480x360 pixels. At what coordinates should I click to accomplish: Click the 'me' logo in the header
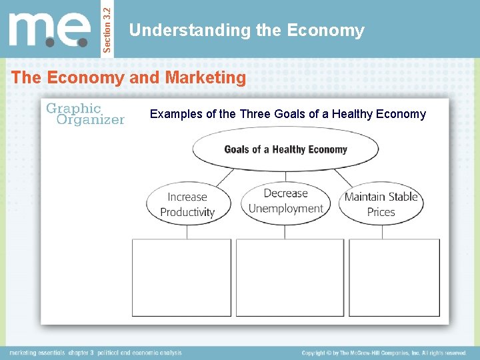pos(49,30)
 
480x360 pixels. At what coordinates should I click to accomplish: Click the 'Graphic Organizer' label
pos(85,114)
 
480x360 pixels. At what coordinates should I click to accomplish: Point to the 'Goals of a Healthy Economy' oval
pos(285,149)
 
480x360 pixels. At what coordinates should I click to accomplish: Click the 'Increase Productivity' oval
pos(187,204)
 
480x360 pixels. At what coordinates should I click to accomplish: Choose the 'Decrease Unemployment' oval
pos(285,201)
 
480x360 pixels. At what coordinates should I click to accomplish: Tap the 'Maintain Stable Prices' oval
pos(381,204)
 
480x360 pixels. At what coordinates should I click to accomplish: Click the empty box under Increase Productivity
pos(181,277)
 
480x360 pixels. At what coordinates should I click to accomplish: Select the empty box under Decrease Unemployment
pos(290,277)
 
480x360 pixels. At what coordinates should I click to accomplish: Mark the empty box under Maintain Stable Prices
pos(394,277)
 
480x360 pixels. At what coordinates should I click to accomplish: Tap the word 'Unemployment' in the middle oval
pos(285,209)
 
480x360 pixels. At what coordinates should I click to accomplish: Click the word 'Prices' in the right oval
pos(381,212)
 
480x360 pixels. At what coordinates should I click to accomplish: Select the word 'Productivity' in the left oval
pos(187,212)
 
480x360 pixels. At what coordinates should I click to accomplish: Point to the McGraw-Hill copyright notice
pos(383,353)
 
